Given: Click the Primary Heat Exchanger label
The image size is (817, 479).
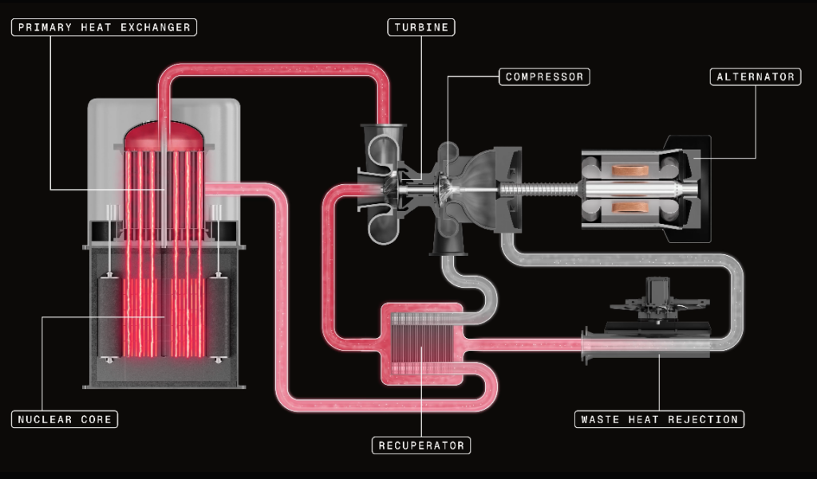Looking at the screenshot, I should pos(104,28).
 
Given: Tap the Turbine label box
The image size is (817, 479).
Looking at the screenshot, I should pos(422,28).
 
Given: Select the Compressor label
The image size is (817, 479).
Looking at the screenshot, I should pos(546,77).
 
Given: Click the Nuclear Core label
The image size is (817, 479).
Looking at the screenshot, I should pos(65,419).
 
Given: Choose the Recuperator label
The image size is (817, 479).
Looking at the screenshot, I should pos(421,445).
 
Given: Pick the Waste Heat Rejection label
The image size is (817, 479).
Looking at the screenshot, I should pos(659,419).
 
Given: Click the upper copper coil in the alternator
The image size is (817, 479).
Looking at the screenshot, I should pos(630,171).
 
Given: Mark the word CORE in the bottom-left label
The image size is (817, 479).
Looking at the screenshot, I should pos(96,419).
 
